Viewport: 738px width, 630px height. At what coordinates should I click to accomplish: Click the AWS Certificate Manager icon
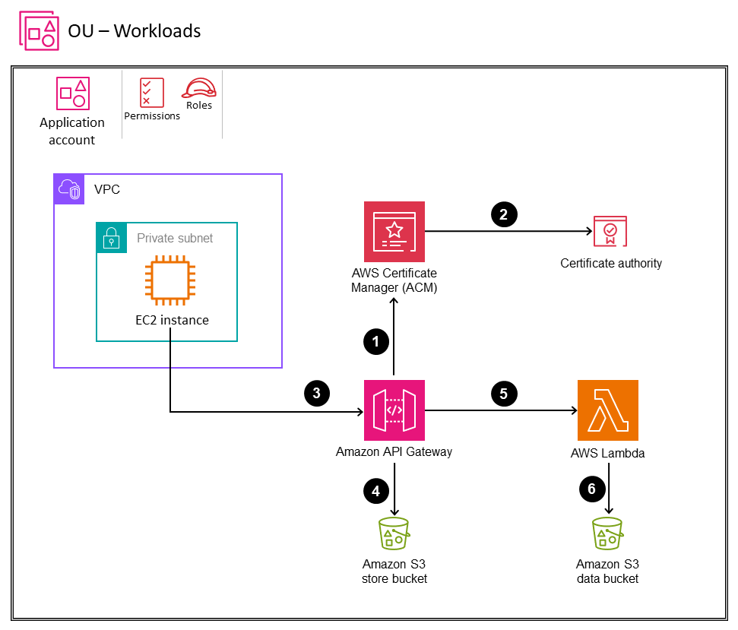pyautogui.click(x=394, y=232)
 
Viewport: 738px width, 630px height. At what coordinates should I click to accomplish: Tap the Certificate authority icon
pyautogui.click(x=610, y=233)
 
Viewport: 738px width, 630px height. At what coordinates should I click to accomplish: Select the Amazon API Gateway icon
pyautogui.click(x=394, y=410)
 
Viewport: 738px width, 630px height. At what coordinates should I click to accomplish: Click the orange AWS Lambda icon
pyautogui.click(x=607, y=410)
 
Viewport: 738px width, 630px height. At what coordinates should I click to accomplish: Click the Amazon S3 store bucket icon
pyautogui.click(x=394, y=533)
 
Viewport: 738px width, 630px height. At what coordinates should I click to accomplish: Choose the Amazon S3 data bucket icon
pyautogui.click(x=607, y=533)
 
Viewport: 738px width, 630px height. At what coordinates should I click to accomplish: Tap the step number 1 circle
pyautogui.click(x=375, y=342)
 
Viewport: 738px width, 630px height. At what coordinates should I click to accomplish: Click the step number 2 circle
pyautogui.click(x=503, y=214)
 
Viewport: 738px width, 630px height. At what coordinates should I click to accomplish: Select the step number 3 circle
pyautogui.click(x=316, y=393)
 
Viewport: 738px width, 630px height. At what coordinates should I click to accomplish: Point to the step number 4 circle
pyautogui.click(x=375, y=492)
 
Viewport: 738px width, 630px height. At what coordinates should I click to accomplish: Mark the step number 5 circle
pyautogui.click(x=503, y=393)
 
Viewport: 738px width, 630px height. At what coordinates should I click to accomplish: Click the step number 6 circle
pyautogui.click(x=592, y=489)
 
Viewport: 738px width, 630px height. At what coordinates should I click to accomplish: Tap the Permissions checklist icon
pyautogui.click(x=151, y=92)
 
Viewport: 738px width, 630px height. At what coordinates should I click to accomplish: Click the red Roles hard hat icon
pyautogui.click(x=198, y=88)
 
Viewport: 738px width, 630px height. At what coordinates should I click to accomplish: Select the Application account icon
pyautogui.click(x=73, y=93)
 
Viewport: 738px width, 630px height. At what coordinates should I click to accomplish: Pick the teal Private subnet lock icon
pyautogui.click(x=111, y=238)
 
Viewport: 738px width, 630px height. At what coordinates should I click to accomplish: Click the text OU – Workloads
pyautogui.click(x=135, y=31)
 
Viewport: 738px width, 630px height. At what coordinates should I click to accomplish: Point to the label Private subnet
pyautogui.click(x=175, y=238)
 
